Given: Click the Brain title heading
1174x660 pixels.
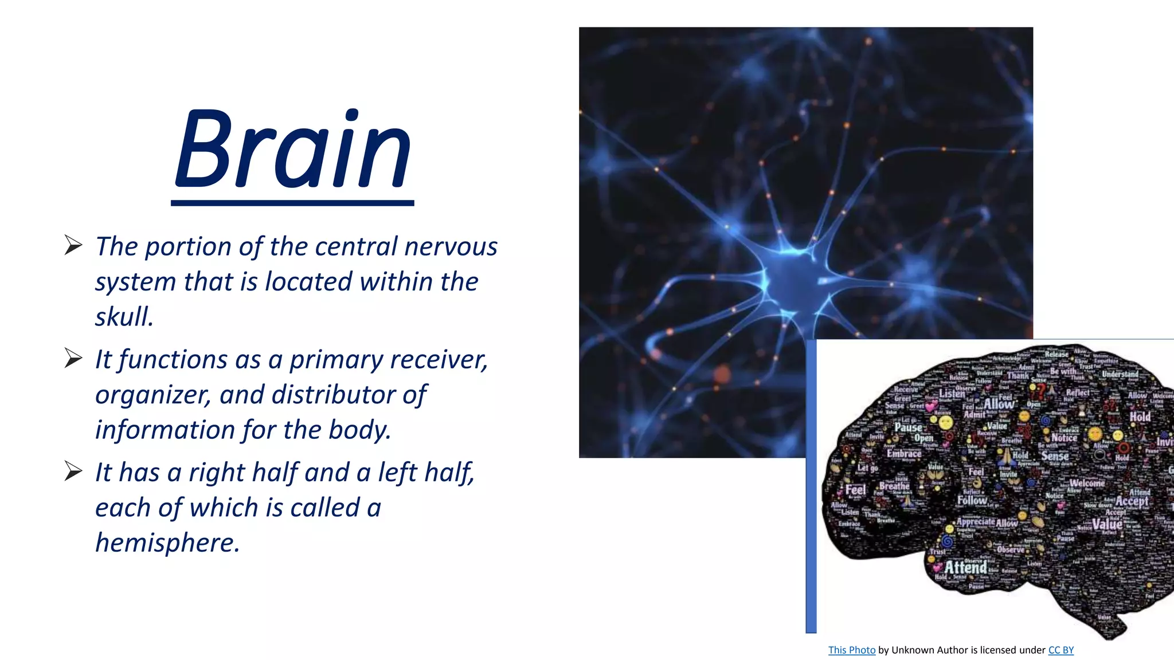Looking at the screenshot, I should point(293,150).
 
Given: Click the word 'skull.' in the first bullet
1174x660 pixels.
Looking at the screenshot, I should point(124,317).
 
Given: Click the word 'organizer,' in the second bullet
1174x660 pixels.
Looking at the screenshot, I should point(153,395).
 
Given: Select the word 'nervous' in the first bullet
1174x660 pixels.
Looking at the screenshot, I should point(451,246).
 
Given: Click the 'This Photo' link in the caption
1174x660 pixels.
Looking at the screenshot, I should point(852,650).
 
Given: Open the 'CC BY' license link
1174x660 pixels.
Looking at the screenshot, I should point(1060,650).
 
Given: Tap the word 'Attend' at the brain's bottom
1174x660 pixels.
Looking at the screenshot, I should point(966,567).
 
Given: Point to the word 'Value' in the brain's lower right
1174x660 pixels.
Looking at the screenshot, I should point(1107,524).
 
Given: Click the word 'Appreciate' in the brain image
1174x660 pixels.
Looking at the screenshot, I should point(976,521).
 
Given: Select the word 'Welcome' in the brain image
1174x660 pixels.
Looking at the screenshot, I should point(1087,483).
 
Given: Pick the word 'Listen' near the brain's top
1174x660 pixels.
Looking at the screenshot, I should point(952,394).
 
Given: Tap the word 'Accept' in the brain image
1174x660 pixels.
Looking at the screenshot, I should point(1132,501).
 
